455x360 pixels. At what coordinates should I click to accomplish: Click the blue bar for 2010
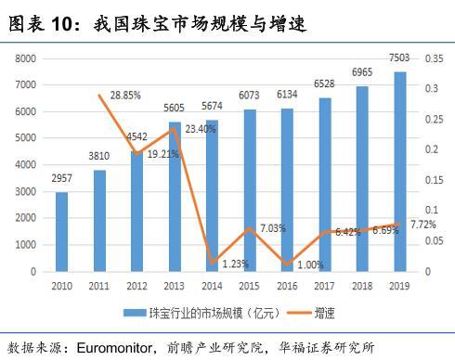coord(61,232)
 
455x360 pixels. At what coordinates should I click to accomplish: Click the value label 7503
coord(399,58)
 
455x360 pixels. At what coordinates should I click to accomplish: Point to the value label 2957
coord(61,178)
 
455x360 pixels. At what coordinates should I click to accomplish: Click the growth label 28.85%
coord(125,96)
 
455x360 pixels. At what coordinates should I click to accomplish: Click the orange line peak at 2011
coord(99,96)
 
